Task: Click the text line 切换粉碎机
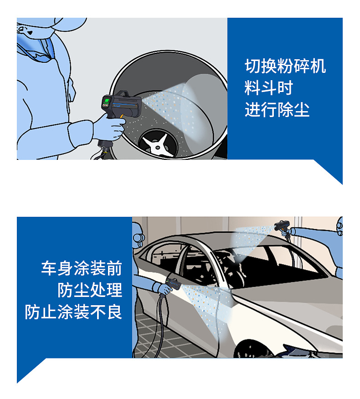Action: tap(285, 66)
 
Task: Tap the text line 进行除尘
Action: tap(277, 110)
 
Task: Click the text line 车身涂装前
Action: tap(82, 268)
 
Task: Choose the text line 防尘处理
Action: tap(90, 290)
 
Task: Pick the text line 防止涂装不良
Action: tap(74, 312)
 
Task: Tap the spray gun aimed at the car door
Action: tap(173, 284)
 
